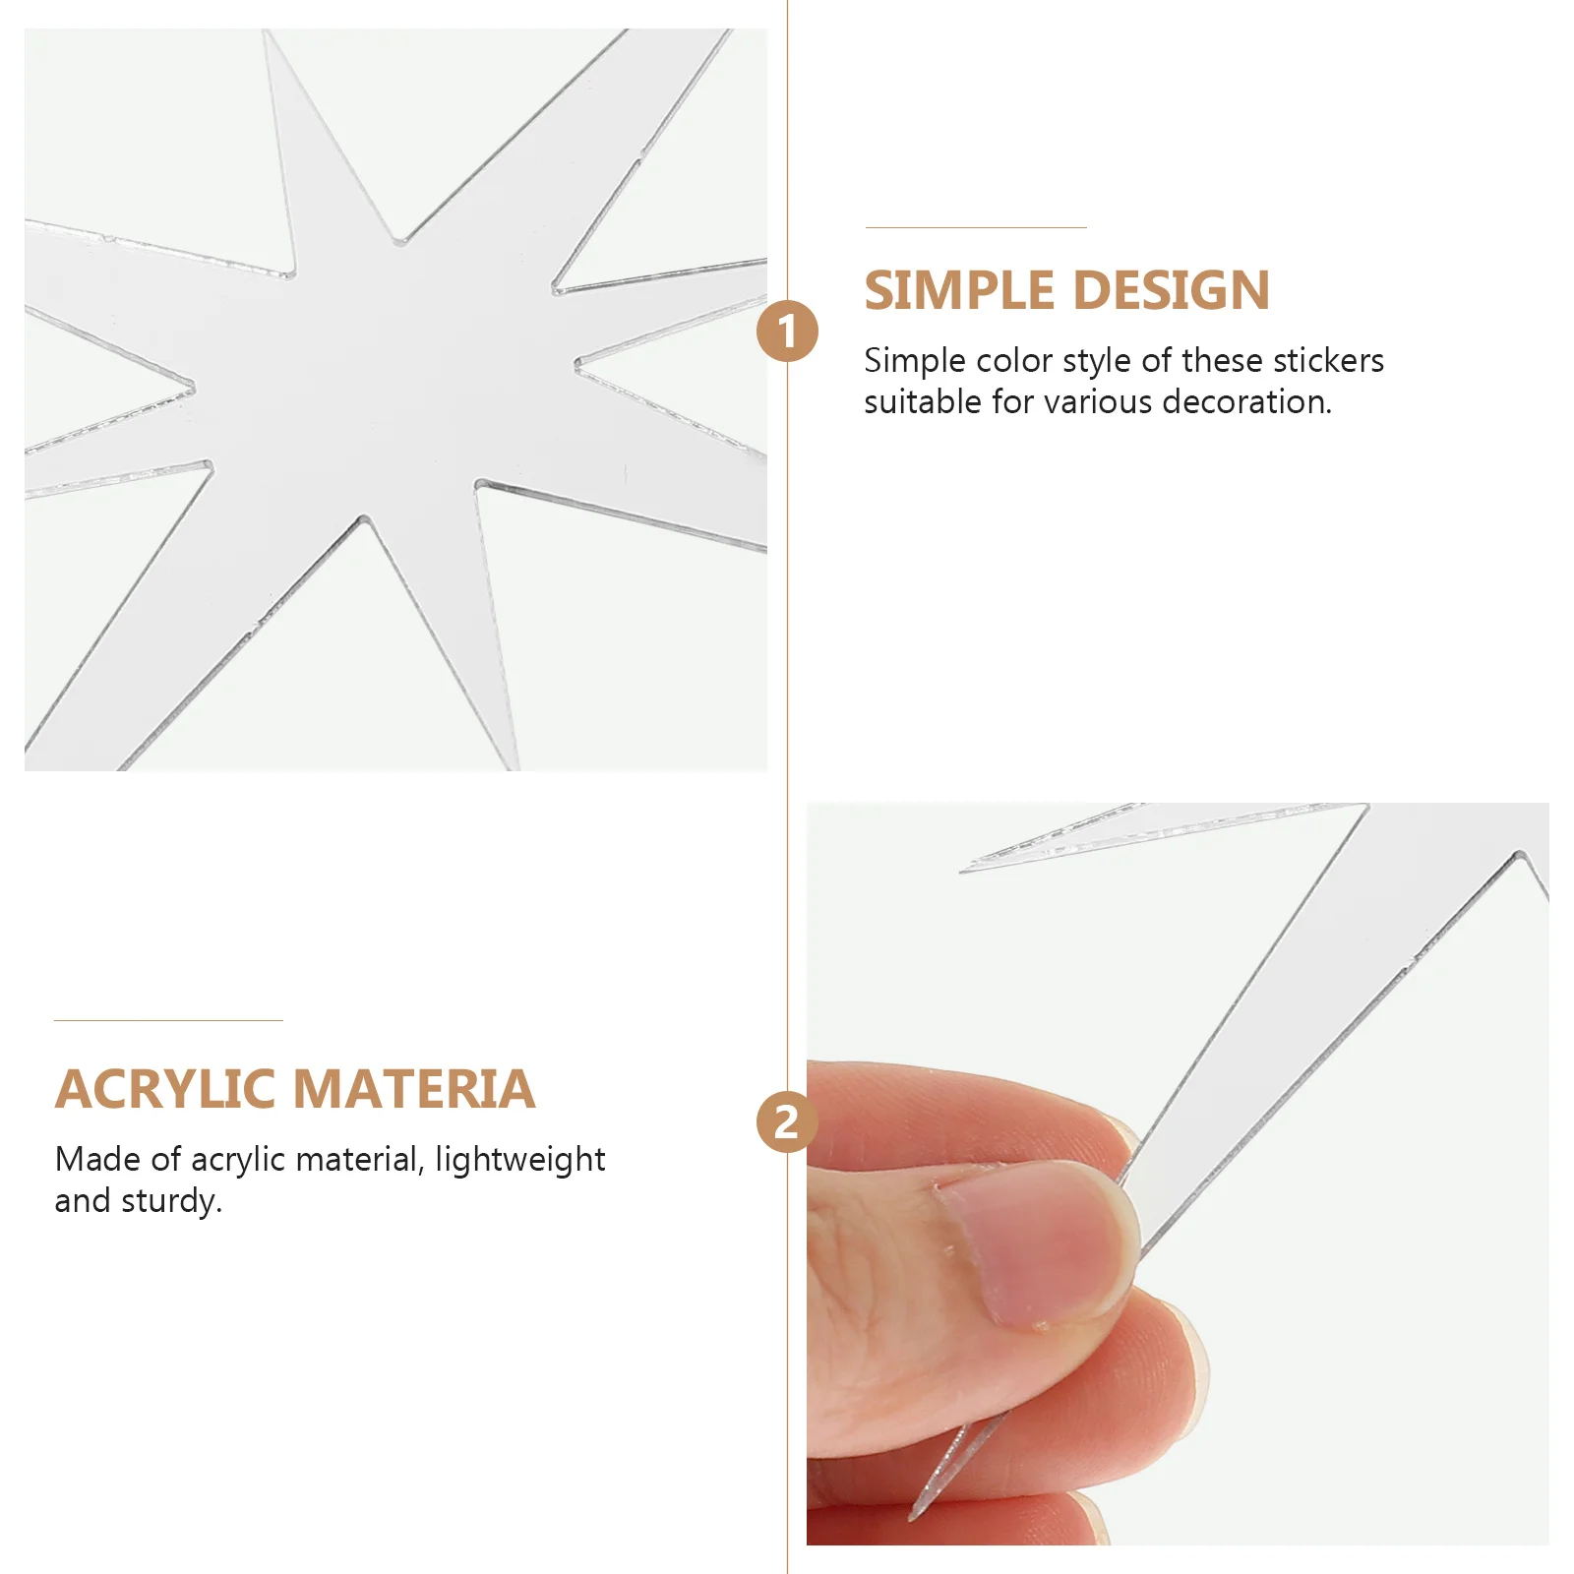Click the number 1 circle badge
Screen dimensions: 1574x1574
[787, 332]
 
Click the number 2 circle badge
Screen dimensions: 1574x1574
[787, 1122]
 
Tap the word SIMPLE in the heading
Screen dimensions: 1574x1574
[959, 291]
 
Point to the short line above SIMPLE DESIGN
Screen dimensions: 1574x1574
[976, 227]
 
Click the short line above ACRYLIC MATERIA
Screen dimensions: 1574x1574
[168, 1020]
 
